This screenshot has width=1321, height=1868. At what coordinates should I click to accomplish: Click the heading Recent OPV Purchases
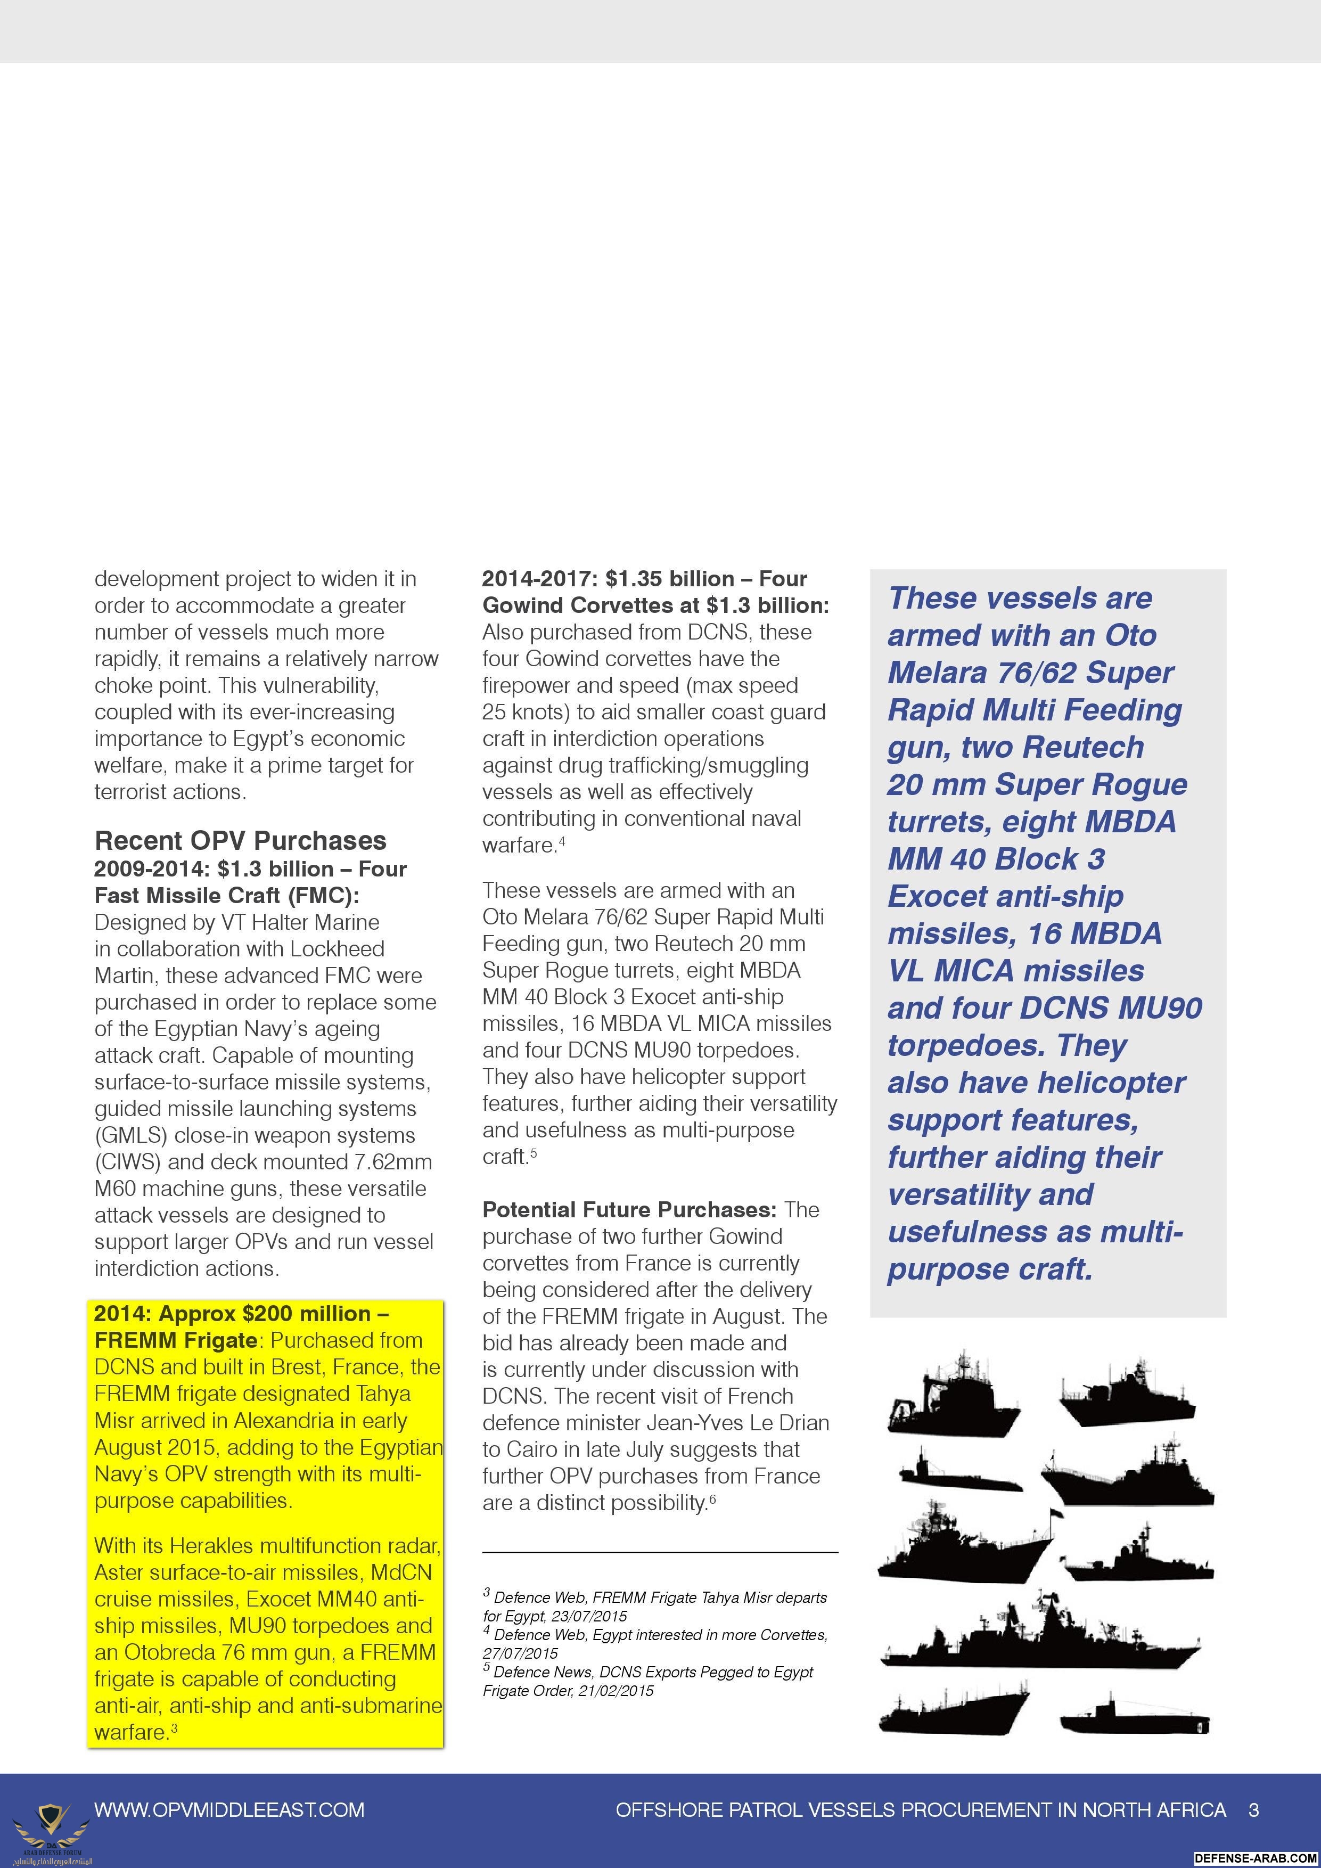[240, 840]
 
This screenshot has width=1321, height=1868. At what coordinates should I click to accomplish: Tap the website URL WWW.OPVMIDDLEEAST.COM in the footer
[229, 1809]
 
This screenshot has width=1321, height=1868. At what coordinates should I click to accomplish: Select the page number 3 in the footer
[1253, 1809]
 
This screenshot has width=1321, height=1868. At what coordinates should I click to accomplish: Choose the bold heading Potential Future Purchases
[629, 1210]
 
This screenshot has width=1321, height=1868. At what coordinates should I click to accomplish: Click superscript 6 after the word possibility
[712, 1498]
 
